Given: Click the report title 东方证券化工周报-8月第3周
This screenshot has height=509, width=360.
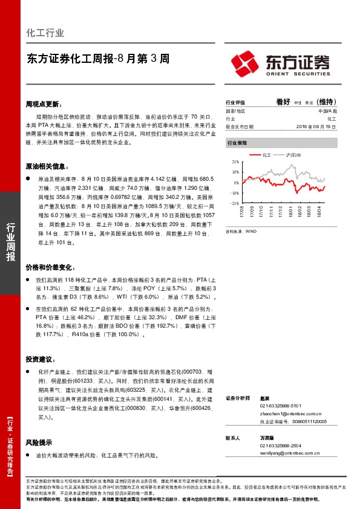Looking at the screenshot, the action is [x=97, y=59].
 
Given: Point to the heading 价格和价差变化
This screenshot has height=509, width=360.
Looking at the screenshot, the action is [x=50, y=267].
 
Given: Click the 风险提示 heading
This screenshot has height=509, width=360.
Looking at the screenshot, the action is [x=39, y=442].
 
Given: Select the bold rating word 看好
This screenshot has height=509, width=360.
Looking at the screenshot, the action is [x=283, y=102].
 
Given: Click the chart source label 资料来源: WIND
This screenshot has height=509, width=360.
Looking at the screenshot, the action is [x=241, y=231].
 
